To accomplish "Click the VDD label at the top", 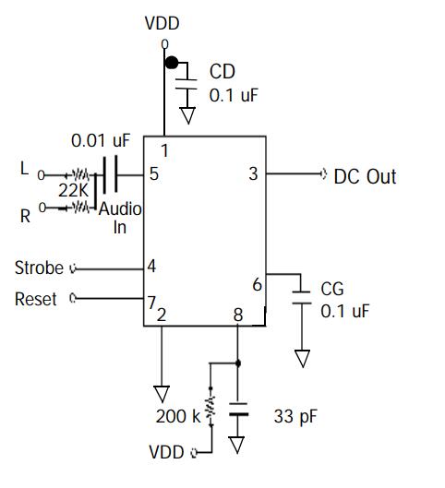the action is coord(162,23).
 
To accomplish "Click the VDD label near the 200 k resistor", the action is coord(166,452).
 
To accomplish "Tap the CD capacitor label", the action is coord(222,72).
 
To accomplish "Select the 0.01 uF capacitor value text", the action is coord(101,140).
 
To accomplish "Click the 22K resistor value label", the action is coord(74,190).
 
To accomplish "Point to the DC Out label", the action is coord(365,176).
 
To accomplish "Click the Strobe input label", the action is coord(39,268).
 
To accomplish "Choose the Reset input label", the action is coord(36,299).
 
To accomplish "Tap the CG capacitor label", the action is coord(332,289).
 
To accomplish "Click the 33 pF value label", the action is coord(295,416).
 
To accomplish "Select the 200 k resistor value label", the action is coord(178,416).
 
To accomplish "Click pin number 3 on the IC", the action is coord(254,174).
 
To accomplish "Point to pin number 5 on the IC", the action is coord(154,174).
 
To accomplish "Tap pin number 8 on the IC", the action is coord(238,315).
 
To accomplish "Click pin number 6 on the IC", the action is coord(258,285).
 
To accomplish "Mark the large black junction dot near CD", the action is coord(172,63).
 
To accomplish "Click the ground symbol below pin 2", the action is coord(162,394).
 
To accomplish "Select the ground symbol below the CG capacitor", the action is coord(303,359).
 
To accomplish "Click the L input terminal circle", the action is coord(42,175).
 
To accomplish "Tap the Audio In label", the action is coord(120,218).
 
